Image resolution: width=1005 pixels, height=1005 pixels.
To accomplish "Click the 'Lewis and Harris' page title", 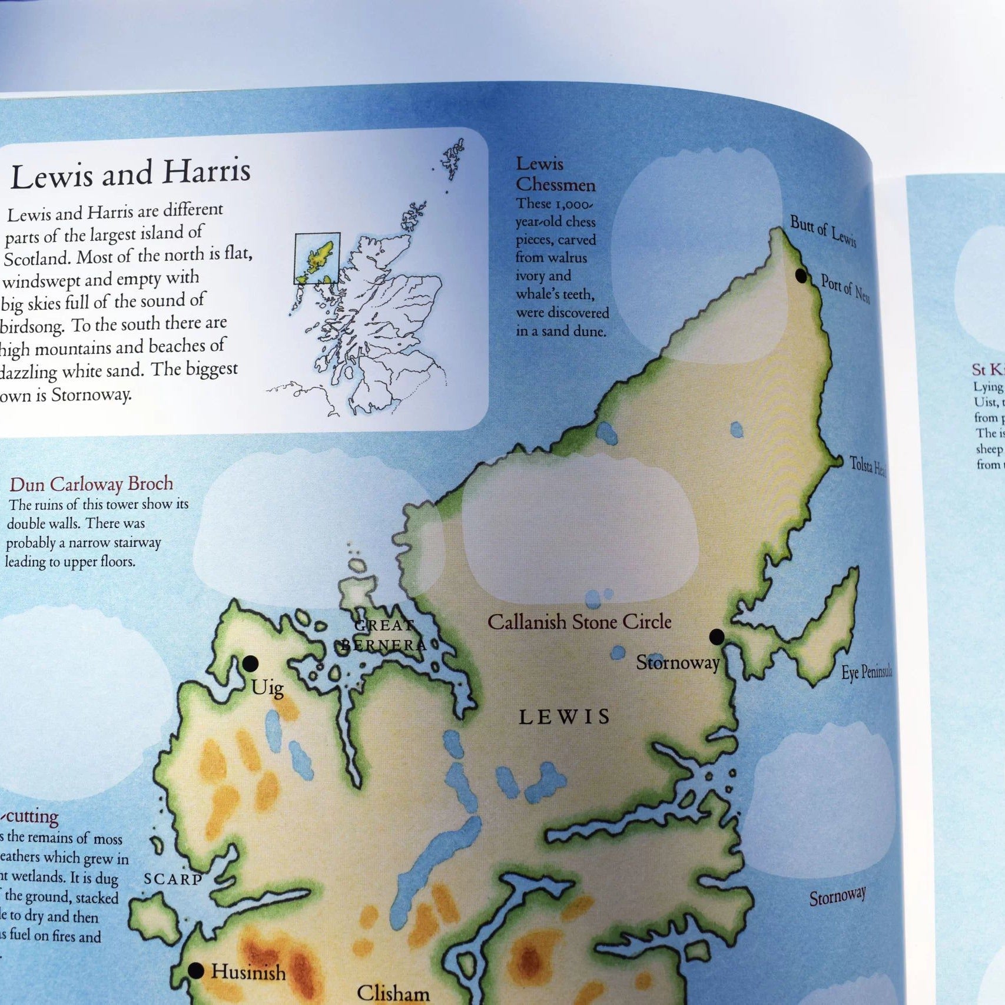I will click(x=131, y=174).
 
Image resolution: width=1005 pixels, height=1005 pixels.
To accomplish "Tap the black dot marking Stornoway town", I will click(x=717, y=636).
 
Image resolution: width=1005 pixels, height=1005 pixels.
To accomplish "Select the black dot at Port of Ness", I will click(x=801, y=275).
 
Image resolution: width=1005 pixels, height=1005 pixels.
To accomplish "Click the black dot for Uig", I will click(x=251, y=664).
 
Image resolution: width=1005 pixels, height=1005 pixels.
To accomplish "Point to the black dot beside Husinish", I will click(x=196, y=971).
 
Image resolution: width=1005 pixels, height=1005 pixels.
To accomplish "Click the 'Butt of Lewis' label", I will click(x=822, y=231).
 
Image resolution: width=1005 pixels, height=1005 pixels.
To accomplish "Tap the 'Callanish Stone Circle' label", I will click(x=579, y=622).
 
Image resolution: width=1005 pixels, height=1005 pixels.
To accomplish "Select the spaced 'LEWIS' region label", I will click(x=565, y=717).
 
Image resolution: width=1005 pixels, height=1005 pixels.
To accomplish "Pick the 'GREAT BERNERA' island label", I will click(x=384, y=635).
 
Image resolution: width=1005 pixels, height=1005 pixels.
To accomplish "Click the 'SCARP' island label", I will click(x=173, y=879).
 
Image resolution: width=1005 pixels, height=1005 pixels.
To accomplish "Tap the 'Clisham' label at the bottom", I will click(x=393, y=993).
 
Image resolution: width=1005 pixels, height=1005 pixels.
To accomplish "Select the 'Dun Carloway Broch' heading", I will click(x=91, y=484).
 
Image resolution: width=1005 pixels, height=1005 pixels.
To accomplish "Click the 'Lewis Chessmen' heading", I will click(x=555, y=174).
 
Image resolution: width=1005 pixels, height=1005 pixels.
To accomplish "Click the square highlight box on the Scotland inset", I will click(x=317, y=258).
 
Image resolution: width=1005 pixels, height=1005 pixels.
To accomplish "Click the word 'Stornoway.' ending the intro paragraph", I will click(x=91, y=394).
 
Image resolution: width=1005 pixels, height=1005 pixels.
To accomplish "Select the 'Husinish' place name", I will click(x=248, y=971).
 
